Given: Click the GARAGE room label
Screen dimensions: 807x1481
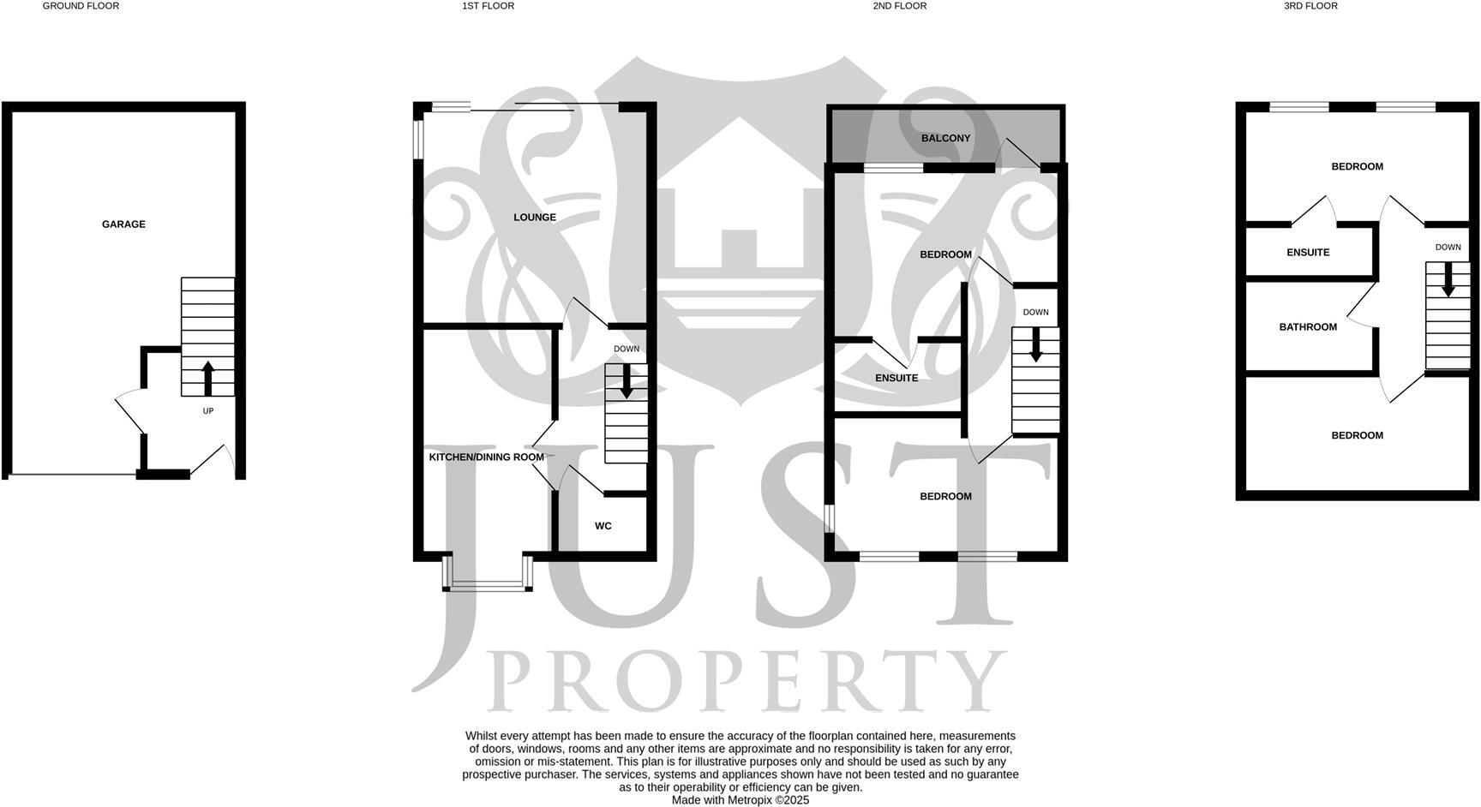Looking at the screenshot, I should (x=123, y=224).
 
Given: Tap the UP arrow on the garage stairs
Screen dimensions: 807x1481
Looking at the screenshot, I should (x=207, y=378).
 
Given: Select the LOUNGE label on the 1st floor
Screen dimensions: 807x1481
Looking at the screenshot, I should (x=535, y=218).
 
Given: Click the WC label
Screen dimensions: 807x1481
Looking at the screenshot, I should (x=603, y=526).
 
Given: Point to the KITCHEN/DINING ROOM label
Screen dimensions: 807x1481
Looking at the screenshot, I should (x=486, y=457).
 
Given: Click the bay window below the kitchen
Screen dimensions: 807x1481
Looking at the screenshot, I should (x=488, y=586).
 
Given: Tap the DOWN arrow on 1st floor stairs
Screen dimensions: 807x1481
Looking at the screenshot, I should (x=627, y=381).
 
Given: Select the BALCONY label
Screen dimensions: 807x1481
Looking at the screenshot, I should (x=945, y=139).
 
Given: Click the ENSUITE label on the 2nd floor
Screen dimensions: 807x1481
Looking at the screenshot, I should (x=896, y=379).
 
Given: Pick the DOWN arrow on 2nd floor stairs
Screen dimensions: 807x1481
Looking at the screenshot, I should (x=1035, y=344).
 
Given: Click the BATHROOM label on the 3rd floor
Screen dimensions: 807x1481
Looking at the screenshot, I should (x=1308, y=327).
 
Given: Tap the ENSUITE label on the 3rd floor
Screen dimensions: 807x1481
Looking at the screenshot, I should (x=1308, y=253).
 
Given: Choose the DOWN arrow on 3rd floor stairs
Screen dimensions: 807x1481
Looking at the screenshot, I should (x=1448, y=279).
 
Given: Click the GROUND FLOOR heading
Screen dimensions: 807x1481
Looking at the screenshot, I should (x=81, y=6).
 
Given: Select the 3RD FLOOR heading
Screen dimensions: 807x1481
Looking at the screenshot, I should (x=1310, y=6).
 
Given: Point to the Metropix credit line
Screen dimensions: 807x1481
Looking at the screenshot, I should (x=740, y=800).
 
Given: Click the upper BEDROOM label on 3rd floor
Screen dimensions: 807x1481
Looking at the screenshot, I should (x=1357, y=167).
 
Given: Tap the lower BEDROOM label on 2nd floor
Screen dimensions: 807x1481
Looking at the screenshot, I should (x=945, y=497).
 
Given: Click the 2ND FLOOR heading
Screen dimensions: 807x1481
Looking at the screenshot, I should (x=899, y=6).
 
